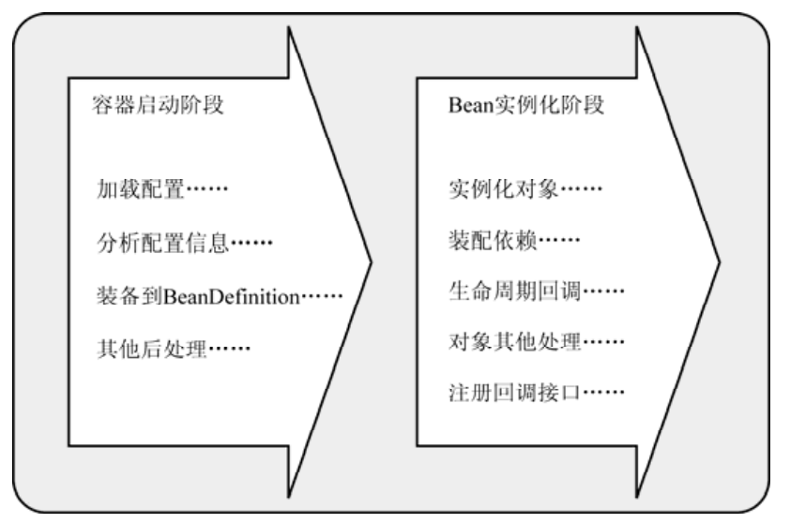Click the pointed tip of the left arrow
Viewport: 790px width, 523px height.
click(371, 259)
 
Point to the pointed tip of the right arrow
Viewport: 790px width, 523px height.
click(720, 259)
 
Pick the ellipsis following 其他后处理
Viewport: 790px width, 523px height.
click(230, 351)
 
